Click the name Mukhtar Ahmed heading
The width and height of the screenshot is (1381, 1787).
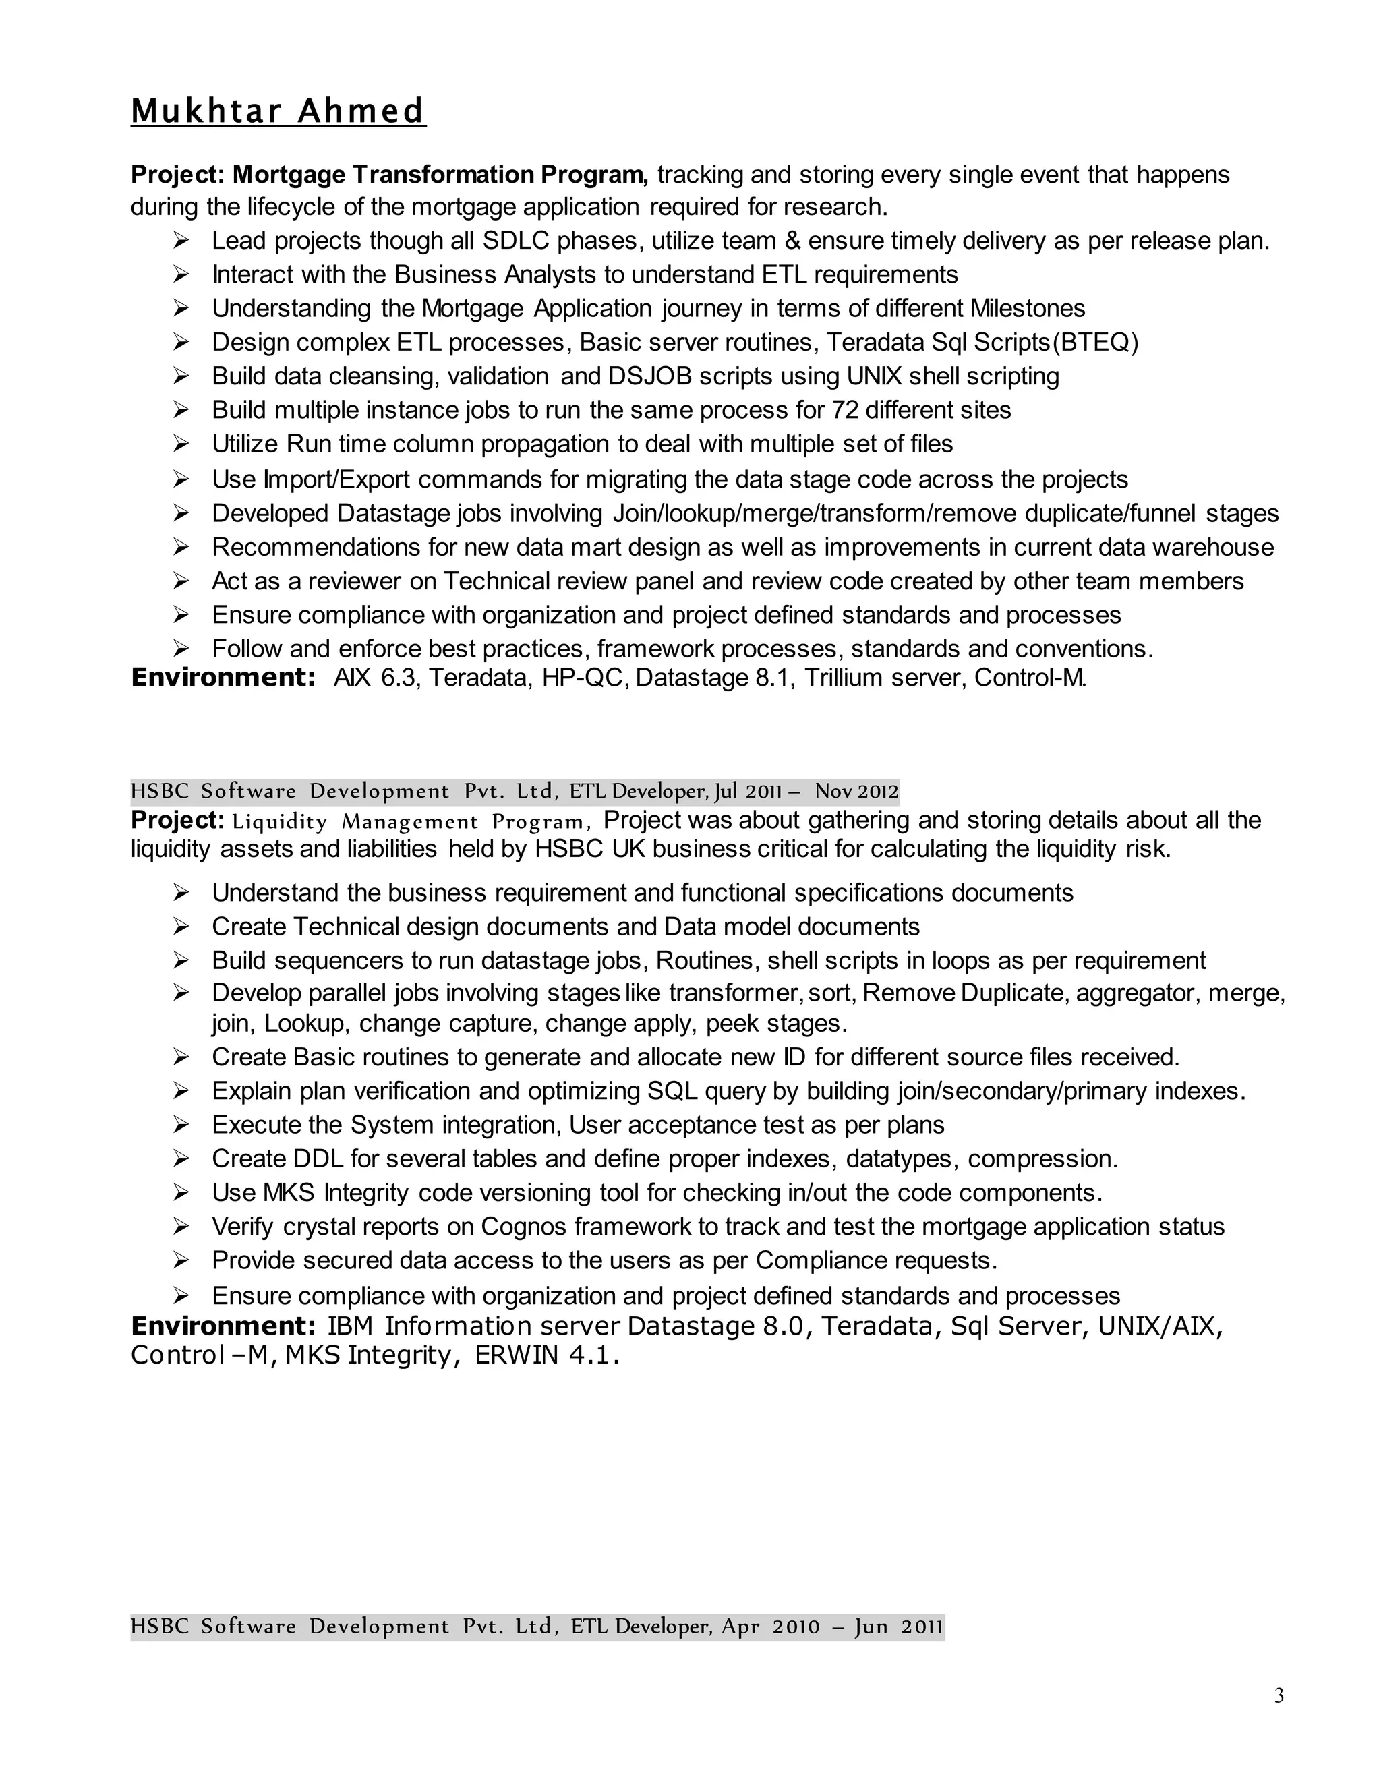pos(278,111)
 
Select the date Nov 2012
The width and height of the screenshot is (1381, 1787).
pos(856,791)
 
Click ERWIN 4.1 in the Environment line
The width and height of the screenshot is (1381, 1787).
pos(546,1356)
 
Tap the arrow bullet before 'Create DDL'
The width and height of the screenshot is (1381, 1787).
pos(181,1159)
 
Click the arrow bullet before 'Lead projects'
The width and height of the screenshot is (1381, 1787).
pos(181,241)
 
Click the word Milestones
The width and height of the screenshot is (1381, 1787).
pos(1028,308)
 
